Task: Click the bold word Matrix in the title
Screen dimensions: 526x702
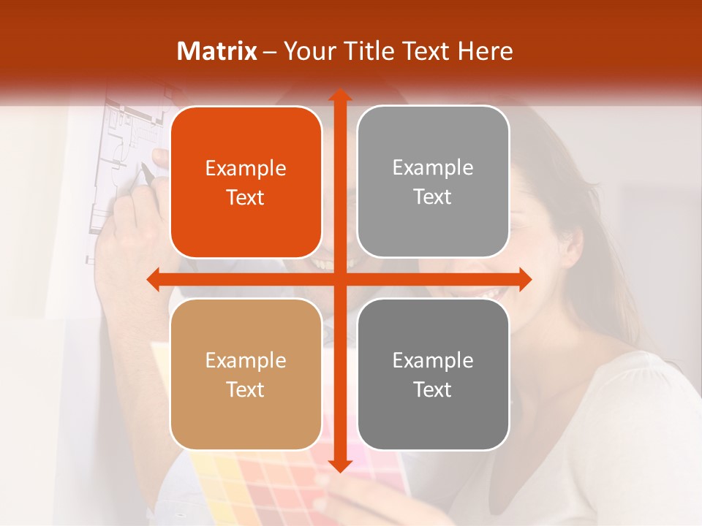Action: pos(217,51)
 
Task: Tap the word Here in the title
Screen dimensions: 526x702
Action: pos(486,51)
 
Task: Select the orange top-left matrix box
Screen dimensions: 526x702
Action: pos(246,182)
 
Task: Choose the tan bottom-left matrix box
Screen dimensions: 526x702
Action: pos(246,374)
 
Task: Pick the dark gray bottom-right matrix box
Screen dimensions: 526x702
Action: pos(433,374)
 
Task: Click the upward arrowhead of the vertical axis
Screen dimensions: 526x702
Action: pos(339,96)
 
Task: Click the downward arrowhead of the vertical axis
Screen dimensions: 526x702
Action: pos(339,465)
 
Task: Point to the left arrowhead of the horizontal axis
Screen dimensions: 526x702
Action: pos(154,279)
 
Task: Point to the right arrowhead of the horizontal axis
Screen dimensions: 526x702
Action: pos(524,279)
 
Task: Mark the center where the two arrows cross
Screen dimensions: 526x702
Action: pos(339,279)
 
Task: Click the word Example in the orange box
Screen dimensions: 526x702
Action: pos(246,169)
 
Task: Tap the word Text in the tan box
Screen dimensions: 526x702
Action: pos(246,389)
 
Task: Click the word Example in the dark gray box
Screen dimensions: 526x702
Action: pos(433,360)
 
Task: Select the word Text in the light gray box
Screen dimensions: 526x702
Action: pos(433,197)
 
